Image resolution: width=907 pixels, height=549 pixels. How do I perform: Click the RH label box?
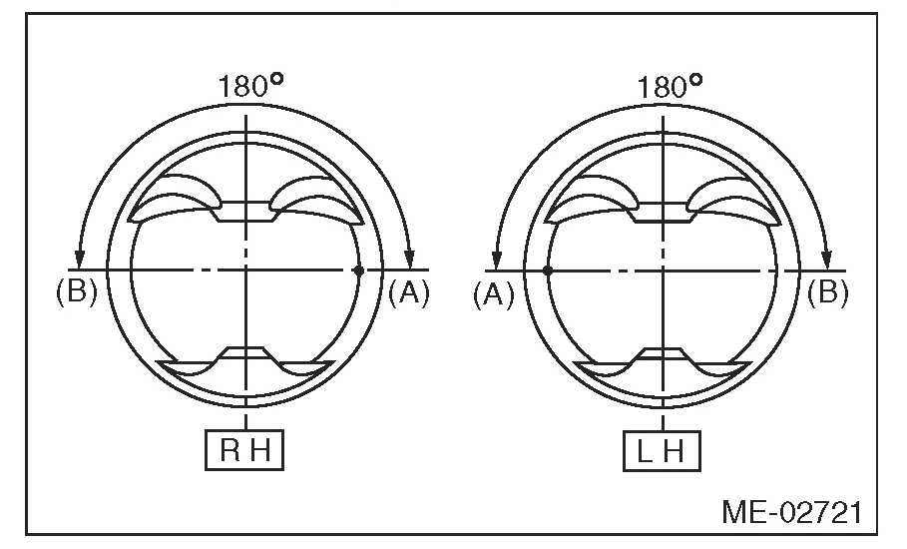(244, 450)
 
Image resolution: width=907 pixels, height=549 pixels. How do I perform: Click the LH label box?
(662, 450)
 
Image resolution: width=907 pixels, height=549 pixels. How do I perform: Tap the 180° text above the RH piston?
(250, 86)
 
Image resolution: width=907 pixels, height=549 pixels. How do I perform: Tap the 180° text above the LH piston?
(670, 86)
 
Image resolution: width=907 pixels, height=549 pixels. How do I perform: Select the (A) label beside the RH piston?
(409, 292)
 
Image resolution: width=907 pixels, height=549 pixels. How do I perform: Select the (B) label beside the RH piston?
(77, 292)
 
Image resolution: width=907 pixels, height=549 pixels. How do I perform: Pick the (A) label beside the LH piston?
(494, 293)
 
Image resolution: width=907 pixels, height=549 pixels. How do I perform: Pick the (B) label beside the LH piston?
(828, 292)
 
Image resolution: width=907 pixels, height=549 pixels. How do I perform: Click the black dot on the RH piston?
(358, 271)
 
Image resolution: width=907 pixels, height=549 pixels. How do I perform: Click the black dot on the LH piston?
(547, 271)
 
